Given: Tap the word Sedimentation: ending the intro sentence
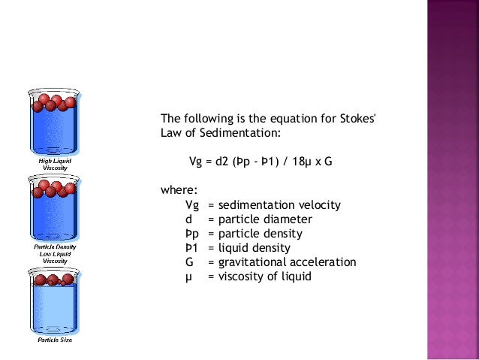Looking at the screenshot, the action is [x=243, y=133].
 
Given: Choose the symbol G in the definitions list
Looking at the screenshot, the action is [x=189, y=262].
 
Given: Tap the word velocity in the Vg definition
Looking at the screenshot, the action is [x=318, y=204].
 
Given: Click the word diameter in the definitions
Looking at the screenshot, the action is [x=288, y=219].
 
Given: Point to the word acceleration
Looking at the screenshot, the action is [x=324, y=262].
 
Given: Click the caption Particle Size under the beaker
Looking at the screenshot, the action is [x=55, y=340].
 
